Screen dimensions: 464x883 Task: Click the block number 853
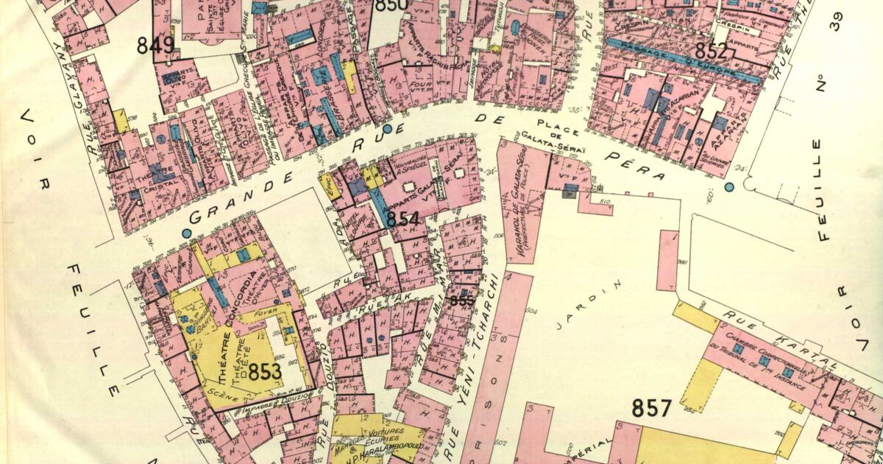pos(264,371)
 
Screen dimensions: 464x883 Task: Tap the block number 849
pos(156,46)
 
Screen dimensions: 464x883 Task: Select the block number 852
pos(715,52)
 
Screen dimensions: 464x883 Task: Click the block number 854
pos(403,219)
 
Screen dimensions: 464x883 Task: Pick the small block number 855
pos(462,300)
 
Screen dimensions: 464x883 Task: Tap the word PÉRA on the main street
pos(637,166)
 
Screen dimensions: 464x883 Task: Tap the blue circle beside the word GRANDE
pos(186,233)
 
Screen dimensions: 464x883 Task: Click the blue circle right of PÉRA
pos(729,187)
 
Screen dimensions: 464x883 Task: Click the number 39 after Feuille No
pos(835,23)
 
